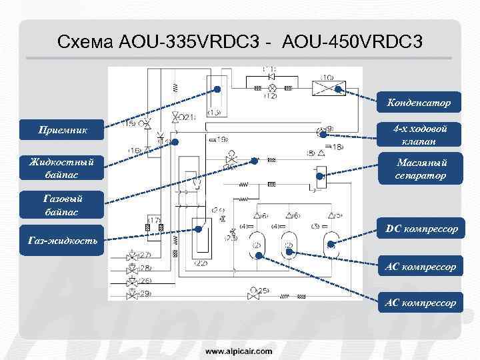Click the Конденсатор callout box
[x=418, y=103]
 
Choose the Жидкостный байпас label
[x=63, y=167]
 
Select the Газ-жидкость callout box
[x=63, y=240]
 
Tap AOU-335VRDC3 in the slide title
[x=187, y=43]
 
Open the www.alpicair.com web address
[x=238, y=350]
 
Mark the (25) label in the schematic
[x=264, y=291]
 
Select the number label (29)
[x=144, y=293]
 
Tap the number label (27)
[x=144, y=255]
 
